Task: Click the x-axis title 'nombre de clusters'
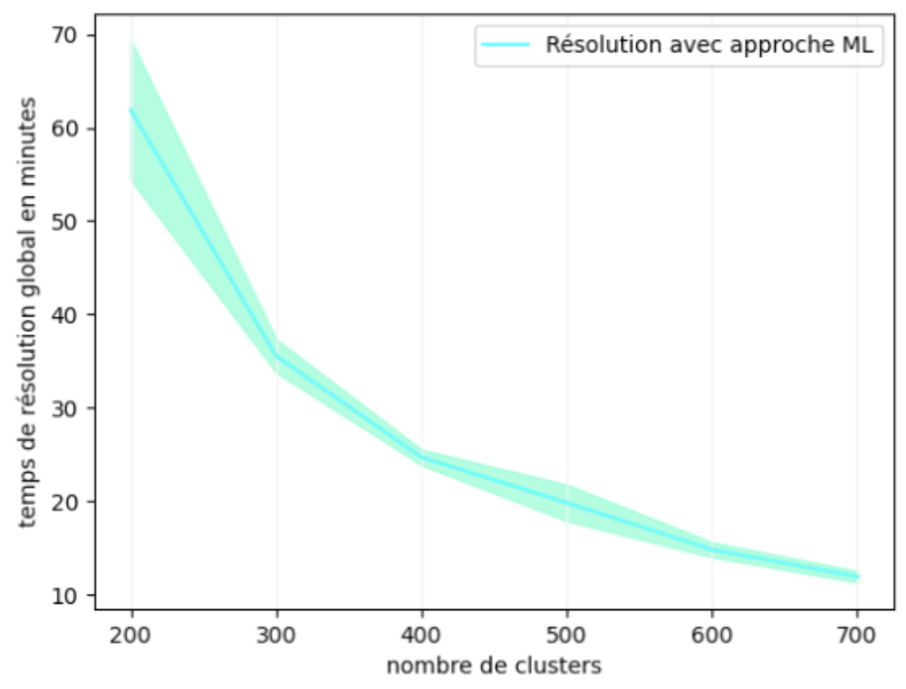494,666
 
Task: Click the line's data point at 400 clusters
422,458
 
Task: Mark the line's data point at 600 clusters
712,549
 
